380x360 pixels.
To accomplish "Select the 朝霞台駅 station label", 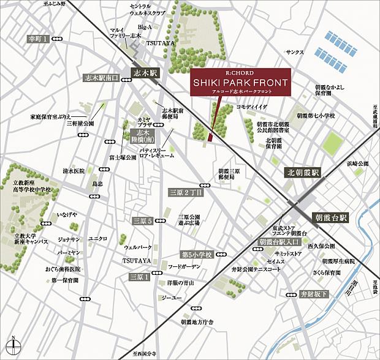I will (330, 217).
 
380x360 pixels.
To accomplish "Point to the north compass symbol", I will (12, 346).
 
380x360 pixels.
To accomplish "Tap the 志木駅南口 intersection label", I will (101, 78).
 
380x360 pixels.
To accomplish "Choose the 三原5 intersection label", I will (142, 220).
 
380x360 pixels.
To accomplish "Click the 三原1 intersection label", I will (139, 277).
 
